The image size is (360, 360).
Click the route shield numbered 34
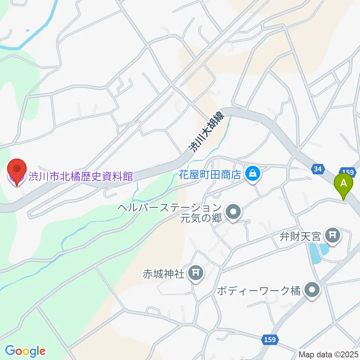coord(318,170)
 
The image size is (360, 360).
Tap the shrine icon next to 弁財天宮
coord(332,235)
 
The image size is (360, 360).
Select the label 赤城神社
coord(164,274)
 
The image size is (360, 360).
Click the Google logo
coord(25,351)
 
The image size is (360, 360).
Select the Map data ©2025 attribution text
coord(328,354)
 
